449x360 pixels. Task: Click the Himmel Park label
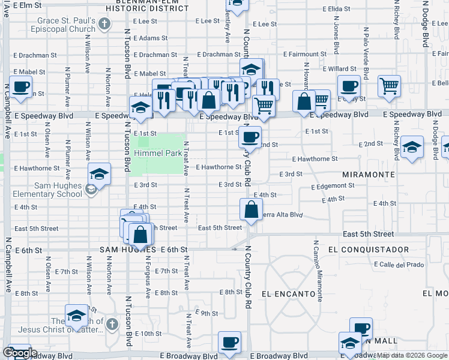[158, 153]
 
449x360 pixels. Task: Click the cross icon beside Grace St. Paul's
[105, 24]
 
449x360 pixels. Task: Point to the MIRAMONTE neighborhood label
[369, 174]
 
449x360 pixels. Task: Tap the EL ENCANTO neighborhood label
[289, 294]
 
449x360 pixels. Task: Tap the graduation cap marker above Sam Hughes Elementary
[99, 174]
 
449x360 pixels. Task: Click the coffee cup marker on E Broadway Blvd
[229, 342]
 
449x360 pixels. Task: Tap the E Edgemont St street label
[333, 187]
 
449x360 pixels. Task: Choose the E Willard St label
[342, 69]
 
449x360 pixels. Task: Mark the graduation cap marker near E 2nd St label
[412, 148]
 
